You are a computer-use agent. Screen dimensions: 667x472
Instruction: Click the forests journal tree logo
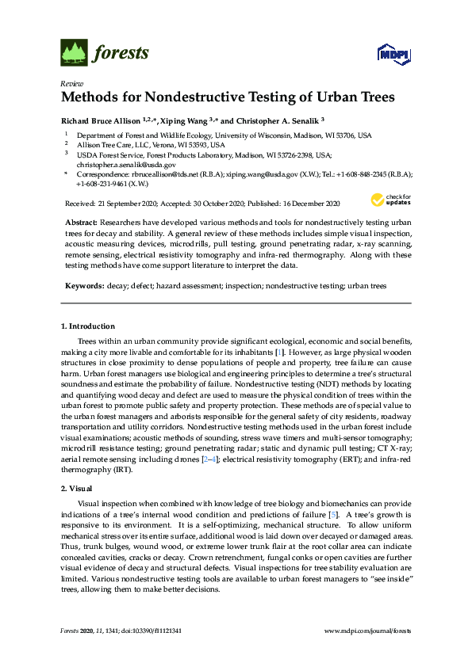click(x=73, y=53)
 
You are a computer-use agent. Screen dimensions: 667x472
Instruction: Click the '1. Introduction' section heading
click(x=88, y=326)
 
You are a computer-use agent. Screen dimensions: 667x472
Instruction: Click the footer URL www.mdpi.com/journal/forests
click(x=368, y=631)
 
